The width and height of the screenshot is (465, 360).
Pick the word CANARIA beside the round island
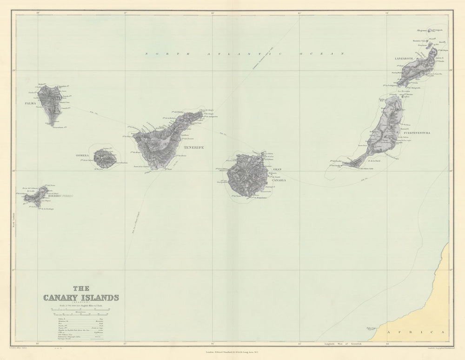[279, 179]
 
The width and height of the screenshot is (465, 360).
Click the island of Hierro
[37, 197]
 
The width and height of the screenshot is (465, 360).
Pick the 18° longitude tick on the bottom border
[39, 344]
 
